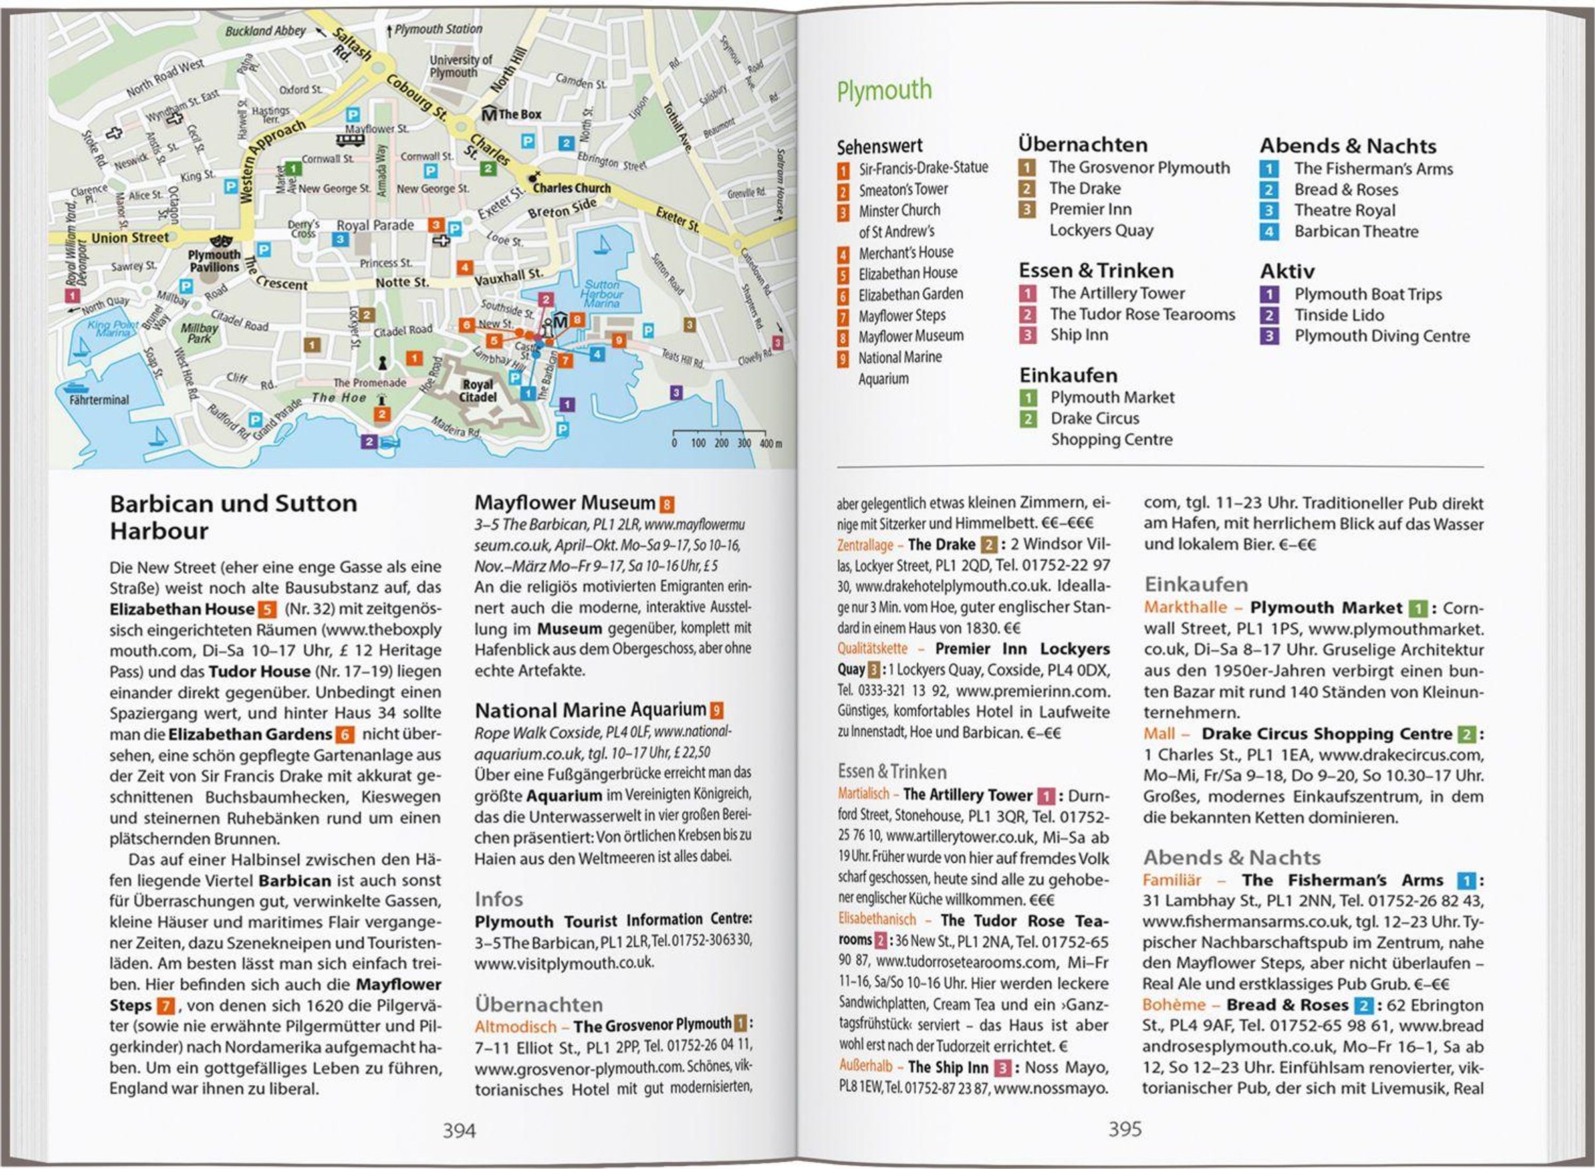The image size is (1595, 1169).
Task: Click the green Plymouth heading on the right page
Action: click(884, 91)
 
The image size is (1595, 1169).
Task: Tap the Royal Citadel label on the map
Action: click(477, 390)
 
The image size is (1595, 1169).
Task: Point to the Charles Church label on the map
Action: click(572, 188)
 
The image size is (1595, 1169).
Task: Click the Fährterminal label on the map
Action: click(99, 400)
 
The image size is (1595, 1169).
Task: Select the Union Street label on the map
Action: click(130, 238)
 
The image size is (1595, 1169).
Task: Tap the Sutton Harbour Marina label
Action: click(601, 294)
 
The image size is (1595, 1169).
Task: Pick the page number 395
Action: click(1125, 1128)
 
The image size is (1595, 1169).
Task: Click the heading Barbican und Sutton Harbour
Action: click(233, 517)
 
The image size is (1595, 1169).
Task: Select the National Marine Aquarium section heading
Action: click(590, 710)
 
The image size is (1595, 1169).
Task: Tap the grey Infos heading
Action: click(499, 900)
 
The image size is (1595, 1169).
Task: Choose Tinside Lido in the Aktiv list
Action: click(1339, 316)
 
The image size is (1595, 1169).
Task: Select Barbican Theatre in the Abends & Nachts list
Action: click(1356, 232)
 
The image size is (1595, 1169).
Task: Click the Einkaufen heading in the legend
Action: click(1068, 375)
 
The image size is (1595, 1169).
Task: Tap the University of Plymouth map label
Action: click(461, 66)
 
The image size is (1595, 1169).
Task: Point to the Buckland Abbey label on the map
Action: click(265, 31)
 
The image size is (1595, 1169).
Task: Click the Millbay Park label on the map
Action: click(199, 332)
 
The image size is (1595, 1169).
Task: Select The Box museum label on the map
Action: click(519, 114)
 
